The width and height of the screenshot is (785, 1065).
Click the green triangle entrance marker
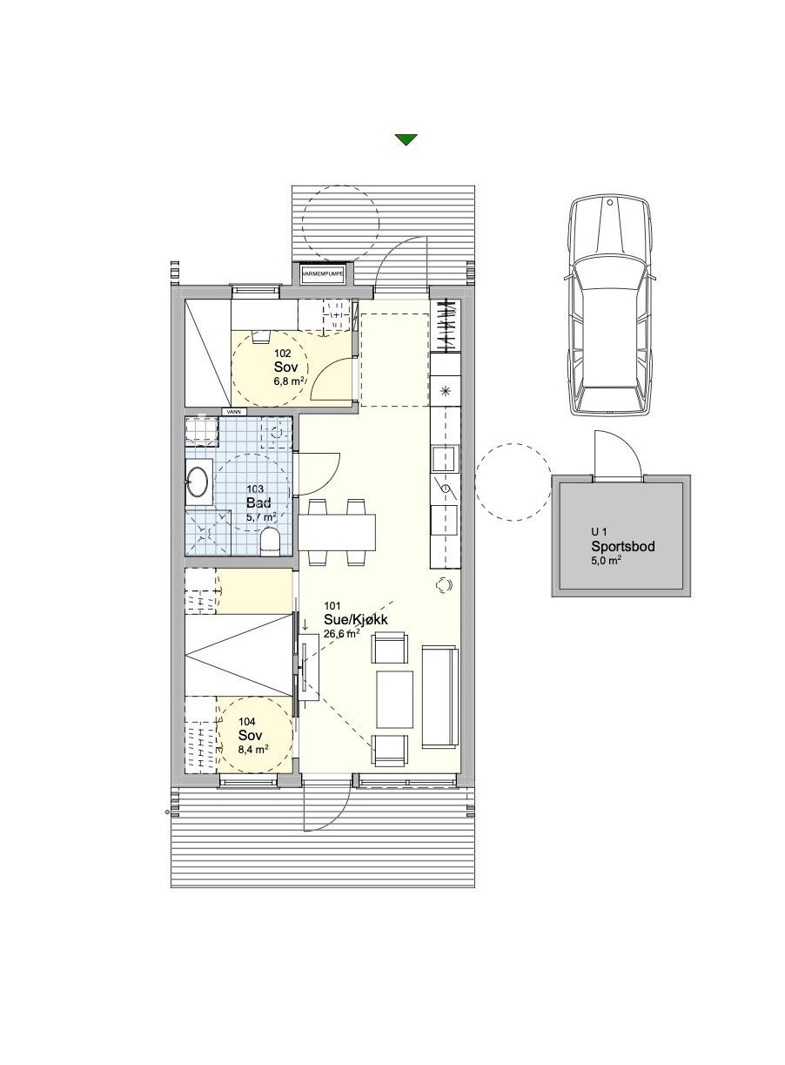[406, 139]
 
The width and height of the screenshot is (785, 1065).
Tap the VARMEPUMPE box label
[322, 273]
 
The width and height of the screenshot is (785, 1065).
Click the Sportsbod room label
[622, 547]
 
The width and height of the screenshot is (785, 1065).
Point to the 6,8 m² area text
[289, 381]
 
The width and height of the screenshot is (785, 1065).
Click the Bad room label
[258, 502]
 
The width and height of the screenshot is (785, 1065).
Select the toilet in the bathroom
[271, 541]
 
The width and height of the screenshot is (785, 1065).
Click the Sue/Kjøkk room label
[355, 619]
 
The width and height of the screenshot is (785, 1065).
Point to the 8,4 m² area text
[252, 748]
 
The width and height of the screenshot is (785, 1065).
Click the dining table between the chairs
[338, 530]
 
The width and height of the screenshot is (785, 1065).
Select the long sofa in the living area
[439, 697]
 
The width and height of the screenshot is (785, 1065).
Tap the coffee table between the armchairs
[394, 698]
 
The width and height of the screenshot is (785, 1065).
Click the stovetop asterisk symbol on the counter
[446, 390]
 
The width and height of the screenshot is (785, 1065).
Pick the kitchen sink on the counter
[445, 457]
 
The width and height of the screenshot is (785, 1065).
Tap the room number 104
[247, 722]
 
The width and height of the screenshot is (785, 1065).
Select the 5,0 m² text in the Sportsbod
[607, 562]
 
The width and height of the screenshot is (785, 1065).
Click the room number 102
[282, 354]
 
